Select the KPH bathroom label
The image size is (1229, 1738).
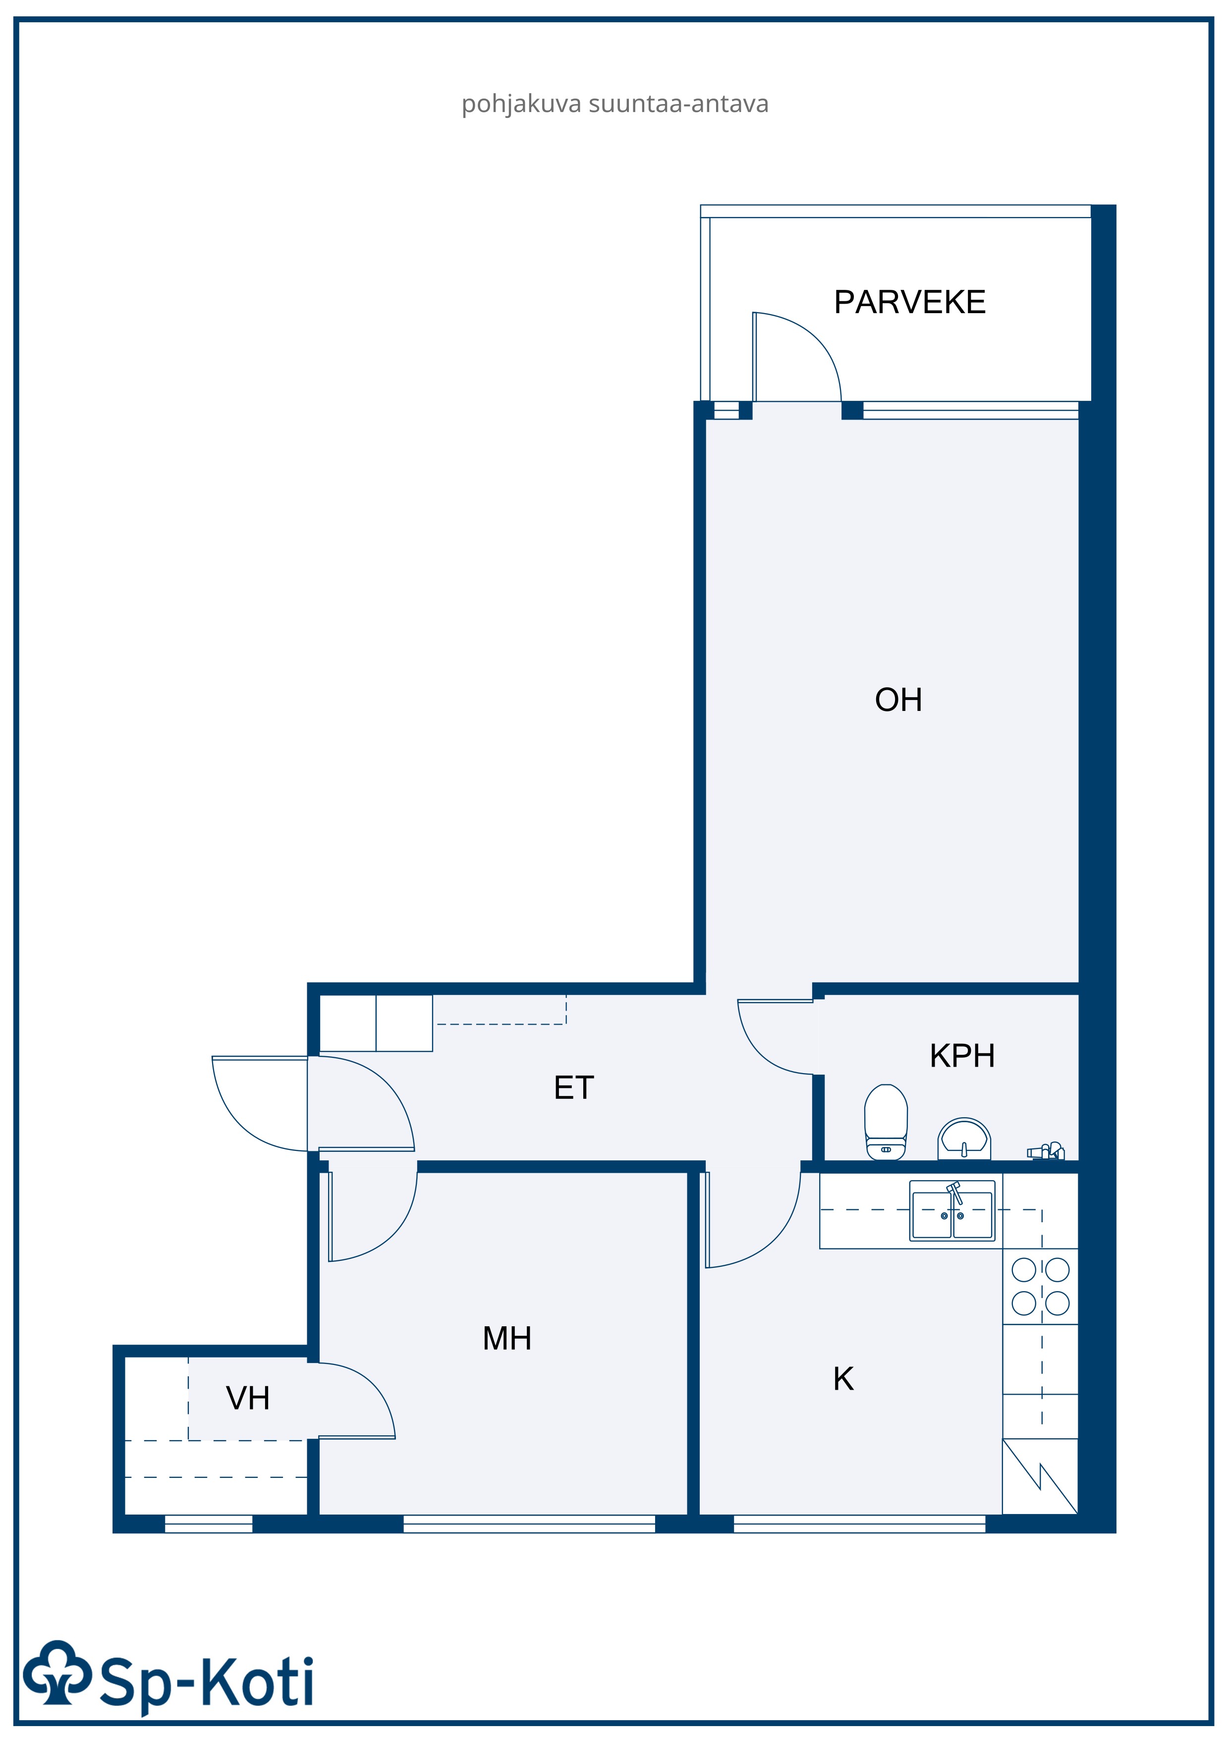click(x=962, y=1055)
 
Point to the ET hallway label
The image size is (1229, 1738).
click(x=574, y=1088)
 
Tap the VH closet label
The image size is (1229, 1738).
click(x=248, y=1398)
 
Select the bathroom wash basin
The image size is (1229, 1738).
click(x=964, y=1139)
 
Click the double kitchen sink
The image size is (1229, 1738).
click(x=952, y=1211)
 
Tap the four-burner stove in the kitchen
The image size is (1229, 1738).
click(x=1041, y=1286)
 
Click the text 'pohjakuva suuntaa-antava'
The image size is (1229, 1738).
click(x=615, y=104)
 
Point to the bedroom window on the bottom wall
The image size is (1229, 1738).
click(x=529, y=1524)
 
